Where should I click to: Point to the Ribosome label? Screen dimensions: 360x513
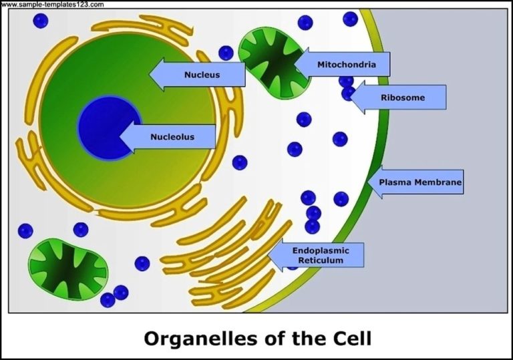click(397, 98)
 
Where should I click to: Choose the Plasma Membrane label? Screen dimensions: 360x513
click(415, 181)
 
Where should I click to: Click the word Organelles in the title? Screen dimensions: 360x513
click(194, 338)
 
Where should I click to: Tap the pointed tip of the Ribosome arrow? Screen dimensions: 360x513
click(349, 98)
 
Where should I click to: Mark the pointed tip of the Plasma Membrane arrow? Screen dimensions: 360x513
click(369, 181)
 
